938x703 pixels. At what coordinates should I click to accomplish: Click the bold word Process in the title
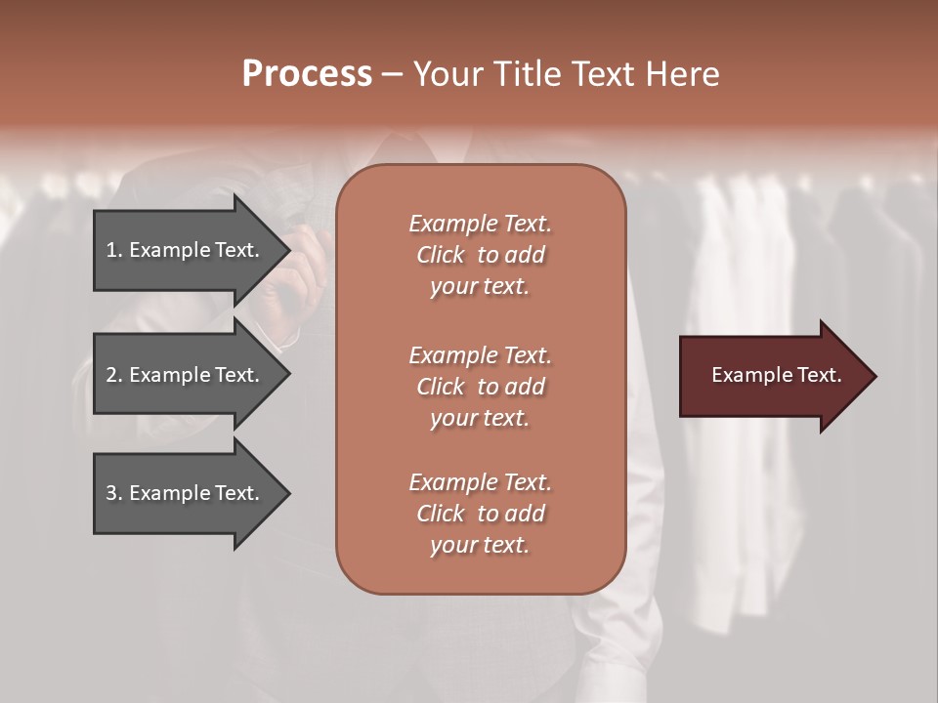pyautogui.click(x=307, y=74)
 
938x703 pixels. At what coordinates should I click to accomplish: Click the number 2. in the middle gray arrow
pyautogui.click(x=114, y=375)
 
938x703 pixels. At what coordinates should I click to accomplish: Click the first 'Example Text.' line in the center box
pyautogui.click(x=480, y=224)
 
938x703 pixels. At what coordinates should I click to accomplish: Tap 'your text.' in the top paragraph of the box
pyautogui.click(x=480, y=287)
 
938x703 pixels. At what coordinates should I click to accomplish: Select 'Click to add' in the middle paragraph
pyautogui.click(x=480, y=387)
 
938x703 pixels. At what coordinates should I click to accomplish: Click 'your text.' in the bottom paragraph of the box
pyautogui.click(x=480, y=546)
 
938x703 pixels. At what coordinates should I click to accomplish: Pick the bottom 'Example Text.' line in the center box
pyautogui.click(x=480, y=482)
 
